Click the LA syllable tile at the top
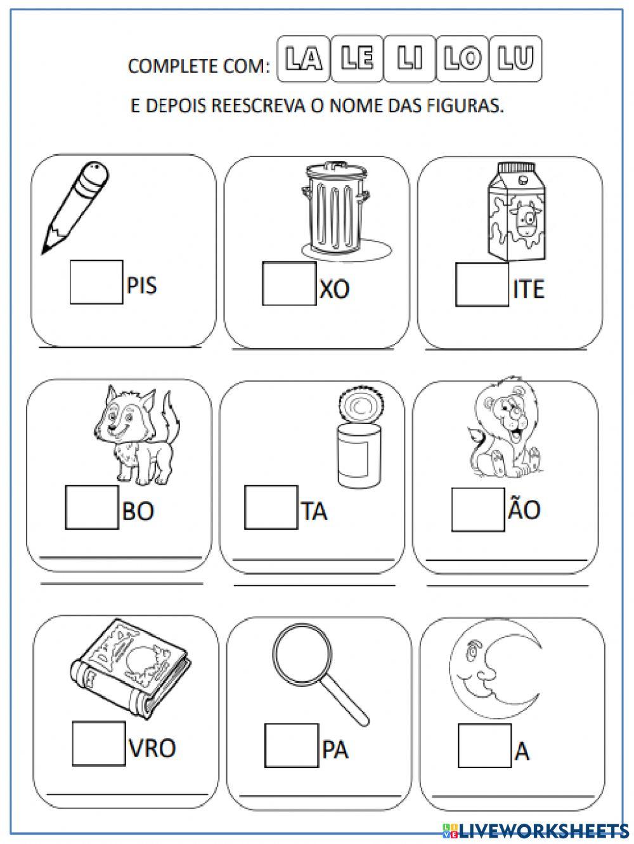303,60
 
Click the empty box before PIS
96,281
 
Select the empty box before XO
288,283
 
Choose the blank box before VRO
99,743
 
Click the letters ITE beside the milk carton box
528,290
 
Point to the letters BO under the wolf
138,510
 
